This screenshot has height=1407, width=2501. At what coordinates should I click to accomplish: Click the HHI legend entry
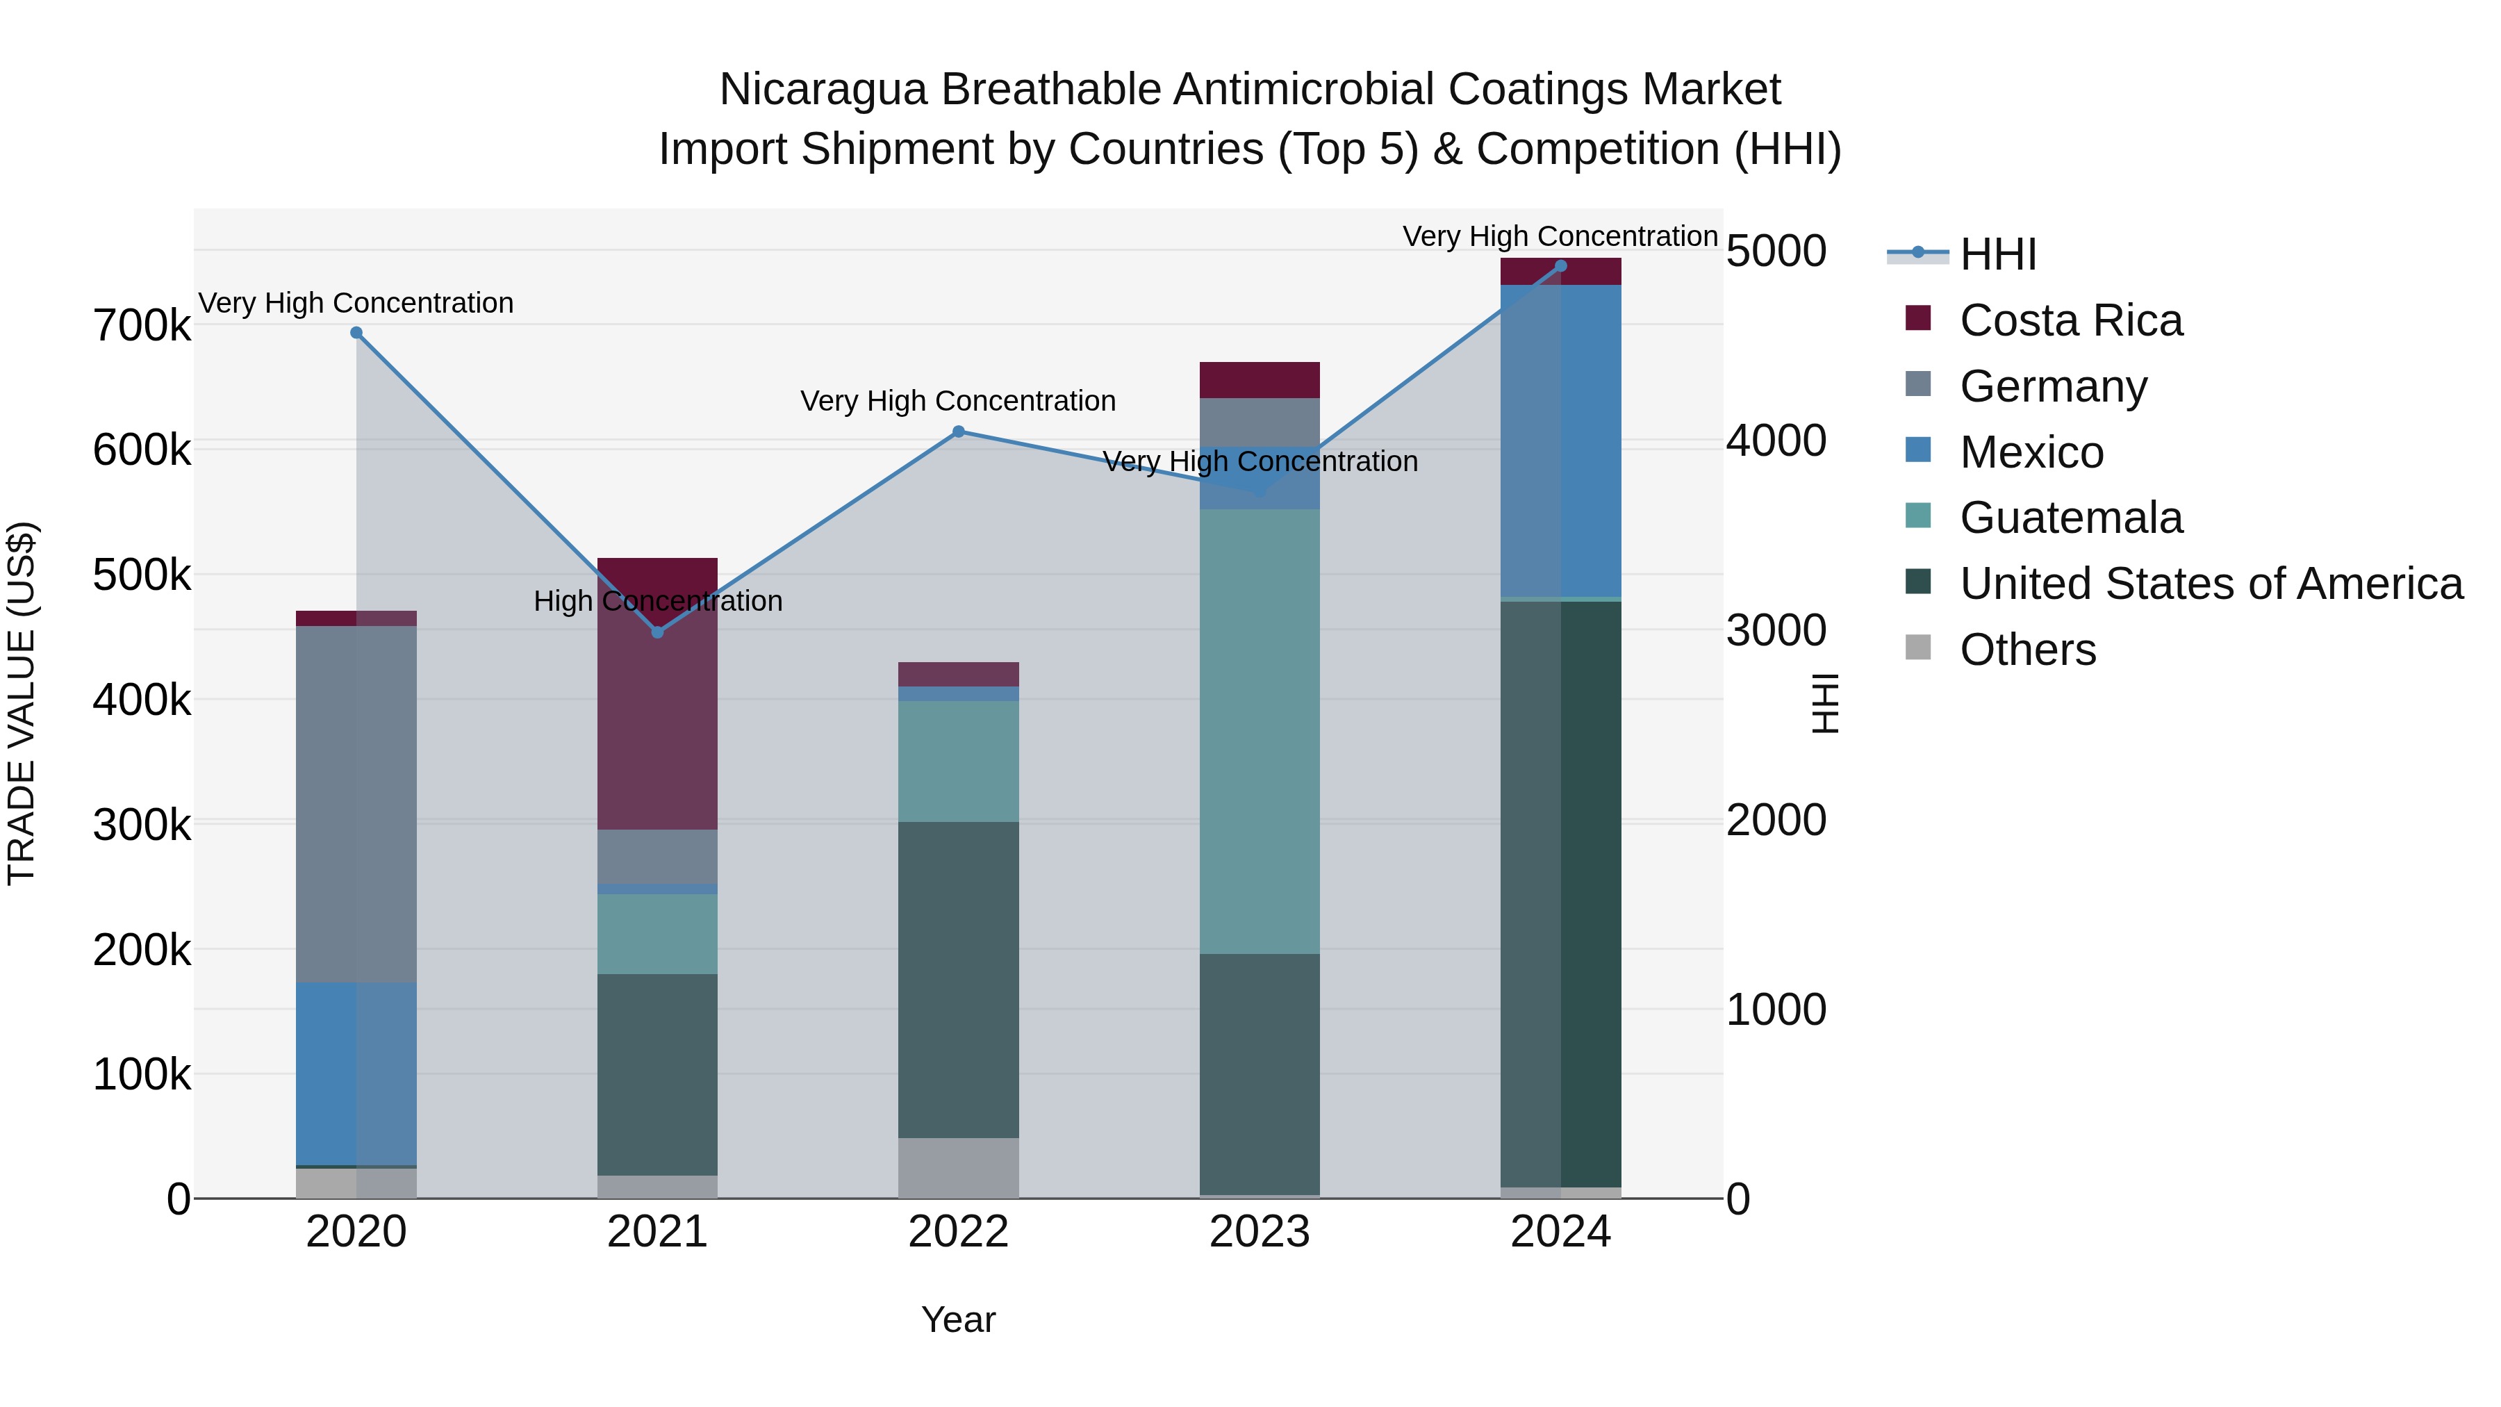1997,254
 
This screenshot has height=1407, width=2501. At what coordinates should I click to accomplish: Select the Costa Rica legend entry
2070,320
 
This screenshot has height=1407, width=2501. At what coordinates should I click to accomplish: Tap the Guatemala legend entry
2070,518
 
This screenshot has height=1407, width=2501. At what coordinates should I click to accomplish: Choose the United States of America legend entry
2211,584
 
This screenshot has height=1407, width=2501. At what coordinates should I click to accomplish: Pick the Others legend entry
2027,650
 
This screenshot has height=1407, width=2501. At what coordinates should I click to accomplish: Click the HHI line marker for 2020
356,333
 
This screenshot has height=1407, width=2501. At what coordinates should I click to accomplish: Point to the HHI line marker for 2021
657,632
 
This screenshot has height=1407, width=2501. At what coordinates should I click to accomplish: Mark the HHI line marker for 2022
958,431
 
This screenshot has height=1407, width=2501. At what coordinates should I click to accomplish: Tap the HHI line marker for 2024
1560,266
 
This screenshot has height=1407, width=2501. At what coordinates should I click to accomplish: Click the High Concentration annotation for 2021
657,601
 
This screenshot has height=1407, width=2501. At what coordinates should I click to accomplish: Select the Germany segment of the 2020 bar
356,804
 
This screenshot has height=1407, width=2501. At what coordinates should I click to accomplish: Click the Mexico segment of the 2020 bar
356,1073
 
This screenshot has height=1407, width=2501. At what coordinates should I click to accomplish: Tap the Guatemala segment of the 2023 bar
1260,730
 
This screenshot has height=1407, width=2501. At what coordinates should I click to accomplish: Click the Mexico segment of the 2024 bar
1560,440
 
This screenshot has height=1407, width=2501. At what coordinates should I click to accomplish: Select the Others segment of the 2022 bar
958,1167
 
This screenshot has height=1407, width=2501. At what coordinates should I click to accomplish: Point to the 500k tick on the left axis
142,575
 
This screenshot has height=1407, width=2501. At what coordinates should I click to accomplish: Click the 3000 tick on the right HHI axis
1776,630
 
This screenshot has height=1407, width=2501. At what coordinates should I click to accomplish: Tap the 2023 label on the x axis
1260,1232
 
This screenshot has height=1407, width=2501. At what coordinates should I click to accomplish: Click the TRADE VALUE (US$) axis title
22,703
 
